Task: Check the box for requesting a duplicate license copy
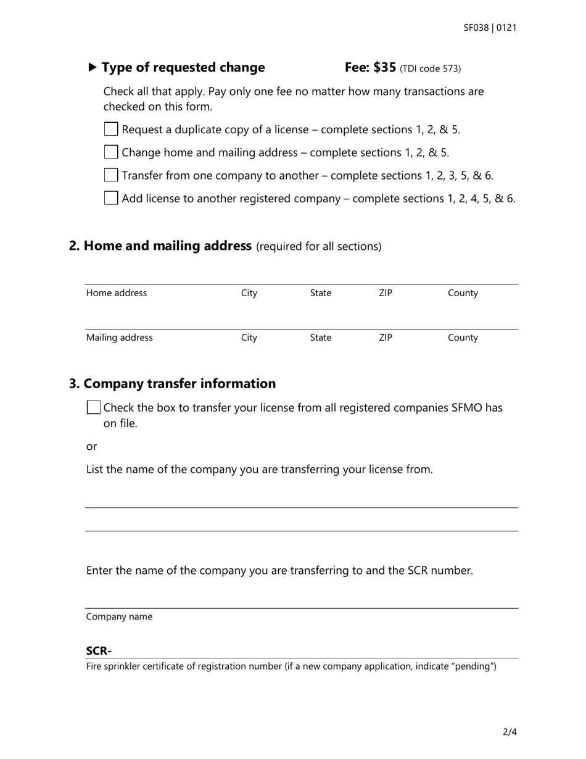tap(111, 129)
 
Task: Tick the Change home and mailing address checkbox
tap(111, 152)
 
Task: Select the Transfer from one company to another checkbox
tap(111, 175)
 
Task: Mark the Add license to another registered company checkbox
tap(111, 198)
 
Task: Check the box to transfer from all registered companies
tap(94, 407)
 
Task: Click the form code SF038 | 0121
tap(490, 28)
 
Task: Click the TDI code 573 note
tap(431, 68)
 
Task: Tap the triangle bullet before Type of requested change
tap(93, 67)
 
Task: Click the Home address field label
tap(117, 293)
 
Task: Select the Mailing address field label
tap(119, 338)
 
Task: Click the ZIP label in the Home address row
tap(385, 293)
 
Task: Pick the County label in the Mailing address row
tap(463, 338)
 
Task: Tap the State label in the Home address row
tap(320, 293)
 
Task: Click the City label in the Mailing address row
tap(249, 338)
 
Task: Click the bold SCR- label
tap(99, 651)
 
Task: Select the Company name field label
tap(119, 616)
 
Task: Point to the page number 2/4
tap(510, 732)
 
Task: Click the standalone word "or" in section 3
tap(91, 446)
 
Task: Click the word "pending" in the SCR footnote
tap(474, 666)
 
